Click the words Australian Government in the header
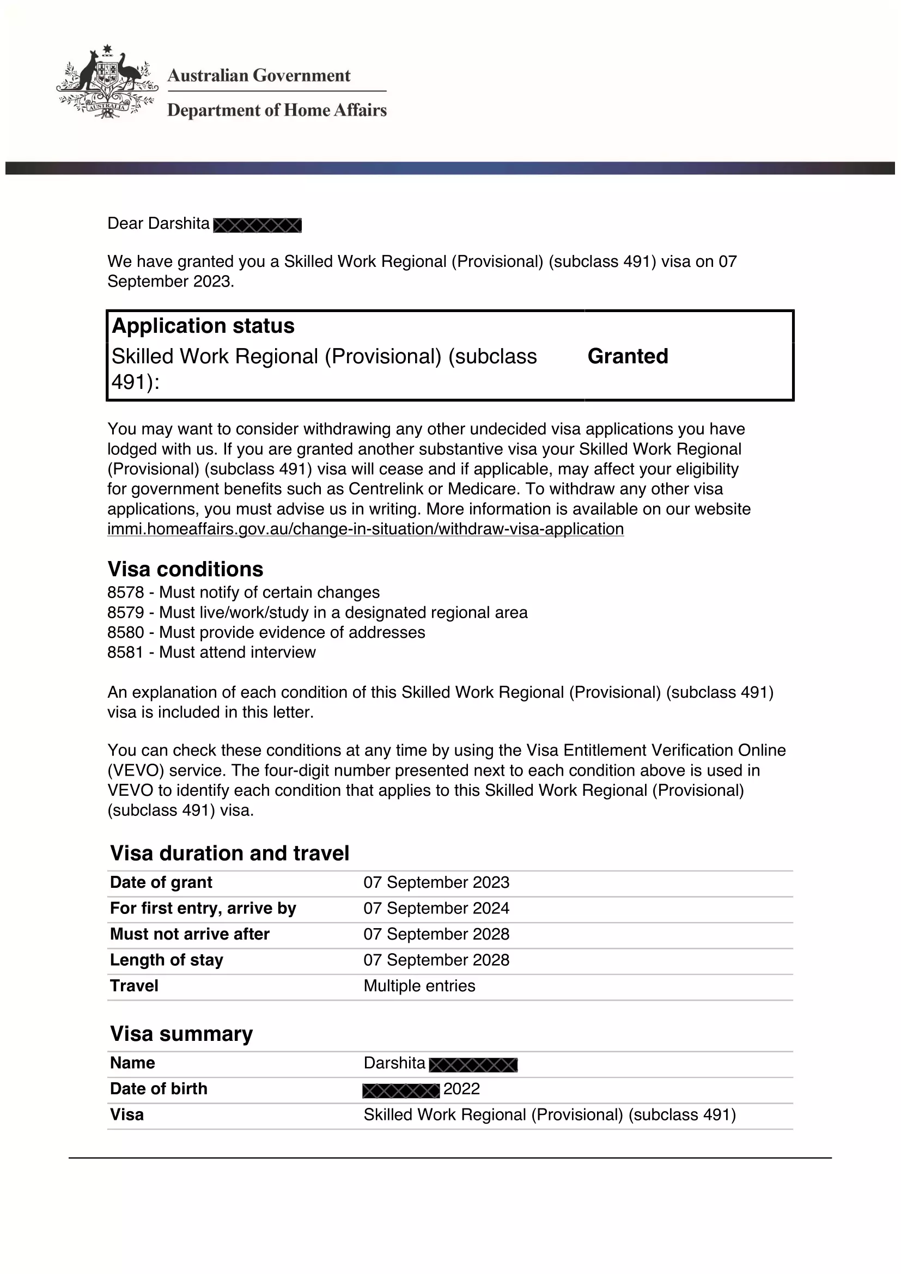point(259,76)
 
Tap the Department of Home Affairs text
point(277,111)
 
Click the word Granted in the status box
point(628,356)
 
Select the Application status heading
point(203,326)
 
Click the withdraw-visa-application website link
point(365,529)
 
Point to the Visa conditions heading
point(185,569)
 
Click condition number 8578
point(125,593)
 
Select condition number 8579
point(125,613)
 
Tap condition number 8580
point(125,632)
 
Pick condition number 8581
point(125,653)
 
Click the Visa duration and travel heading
point(230,854)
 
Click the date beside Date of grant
point(436,882)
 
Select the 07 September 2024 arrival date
point(436,909)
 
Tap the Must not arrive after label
point(190,935)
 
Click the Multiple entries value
point(419,986)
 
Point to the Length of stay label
point(167,960)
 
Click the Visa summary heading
point(181,1034)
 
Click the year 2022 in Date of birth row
point(461,1089)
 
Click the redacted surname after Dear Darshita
point(258,225)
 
